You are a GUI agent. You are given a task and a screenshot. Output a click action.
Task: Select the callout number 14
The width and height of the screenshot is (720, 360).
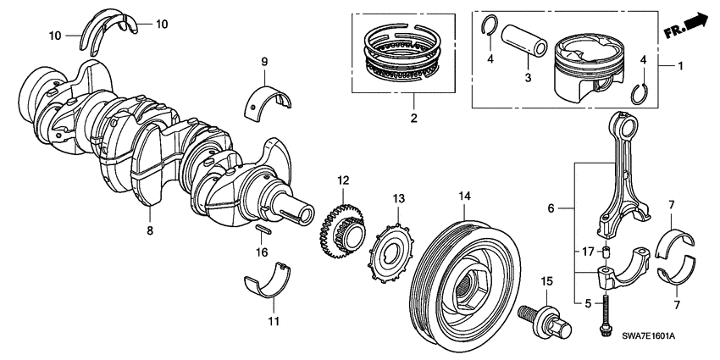click(x=463, y=196)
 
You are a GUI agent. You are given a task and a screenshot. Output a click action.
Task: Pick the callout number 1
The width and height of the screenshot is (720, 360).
click(x=684, y=64)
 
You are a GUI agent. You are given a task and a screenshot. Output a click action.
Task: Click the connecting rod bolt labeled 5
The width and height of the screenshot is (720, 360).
click(x=606, y=313)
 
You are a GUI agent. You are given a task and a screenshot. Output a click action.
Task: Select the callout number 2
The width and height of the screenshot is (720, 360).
click(x=413, y=119)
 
